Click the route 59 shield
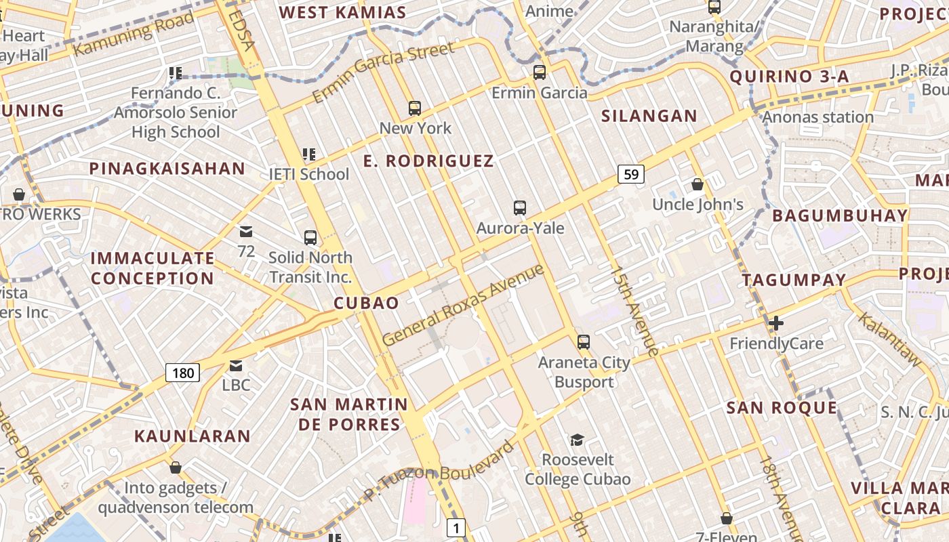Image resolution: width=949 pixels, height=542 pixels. (630, 174)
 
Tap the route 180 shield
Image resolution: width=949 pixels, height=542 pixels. (182, 372)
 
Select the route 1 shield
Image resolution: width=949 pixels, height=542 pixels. (457, 527)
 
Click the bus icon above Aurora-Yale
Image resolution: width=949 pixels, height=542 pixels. (520, 207)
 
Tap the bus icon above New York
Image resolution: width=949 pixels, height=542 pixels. (415, 108)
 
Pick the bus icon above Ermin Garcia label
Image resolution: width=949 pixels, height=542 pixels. (540, 72)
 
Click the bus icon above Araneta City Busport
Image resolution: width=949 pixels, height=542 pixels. (584, 342)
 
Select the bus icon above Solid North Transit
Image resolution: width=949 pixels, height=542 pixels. (310, 237)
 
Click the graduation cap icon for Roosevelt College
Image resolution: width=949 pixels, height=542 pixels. (577, 440)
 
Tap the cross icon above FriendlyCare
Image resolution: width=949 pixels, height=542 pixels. (776, 323)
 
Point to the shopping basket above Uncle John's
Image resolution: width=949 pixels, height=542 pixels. (698, 184)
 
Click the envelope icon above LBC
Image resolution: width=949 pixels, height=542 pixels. (236, 366)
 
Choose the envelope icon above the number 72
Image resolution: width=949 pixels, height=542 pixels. (246, 232)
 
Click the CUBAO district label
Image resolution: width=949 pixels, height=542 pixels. (367, 303)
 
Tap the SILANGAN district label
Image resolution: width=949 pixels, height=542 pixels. (649, 116)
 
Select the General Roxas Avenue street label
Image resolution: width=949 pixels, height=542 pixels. (464, 304)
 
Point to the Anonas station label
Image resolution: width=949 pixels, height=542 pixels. (818, 117)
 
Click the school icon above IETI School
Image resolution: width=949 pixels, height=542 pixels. (309, 154)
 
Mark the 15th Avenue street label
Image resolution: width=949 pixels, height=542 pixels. (634, 310)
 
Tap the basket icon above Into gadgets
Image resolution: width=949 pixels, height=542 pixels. (176, 467)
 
